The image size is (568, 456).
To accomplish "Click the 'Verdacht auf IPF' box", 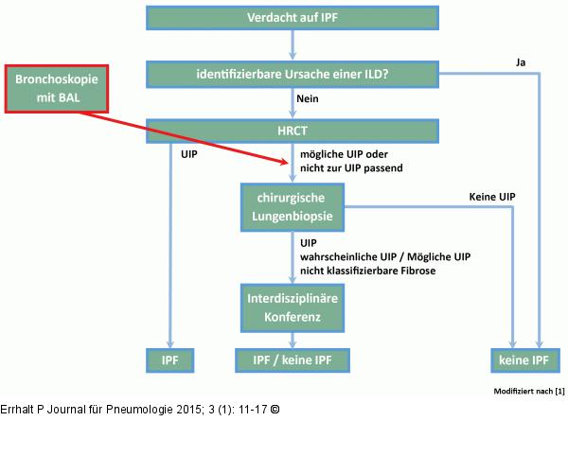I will [293, 18].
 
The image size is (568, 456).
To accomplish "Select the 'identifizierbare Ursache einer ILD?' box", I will [293, 74].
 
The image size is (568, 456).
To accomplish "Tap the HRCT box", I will [293, 132].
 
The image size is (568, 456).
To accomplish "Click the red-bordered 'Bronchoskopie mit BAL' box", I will [59, 87].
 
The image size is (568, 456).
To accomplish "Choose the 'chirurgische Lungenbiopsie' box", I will [293, 206].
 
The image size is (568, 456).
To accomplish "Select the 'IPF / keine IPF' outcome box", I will [293, 360].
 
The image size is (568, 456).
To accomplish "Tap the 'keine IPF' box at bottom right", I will [520, 360].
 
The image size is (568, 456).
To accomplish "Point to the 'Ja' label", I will [520, 61].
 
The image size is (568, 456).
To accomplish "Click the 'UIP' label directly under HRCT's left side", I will [188, 152].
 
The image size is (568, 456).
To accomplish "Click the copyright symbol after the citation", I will [275, 409].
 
